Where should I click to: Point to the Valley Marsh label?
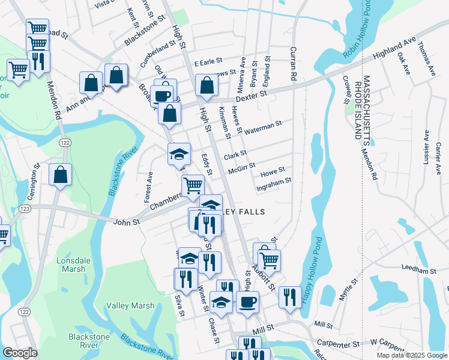pos(130,306)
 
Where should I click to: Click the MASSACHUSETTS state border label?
pos(366,107)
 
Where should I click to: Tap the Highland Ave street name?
pos(394,49)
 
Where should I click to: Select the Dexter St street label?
pos(250,95)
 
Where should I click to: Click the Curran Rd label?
pos(294,64)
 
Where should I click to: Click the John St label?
pos(127,221)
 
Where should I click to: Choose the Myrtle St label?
pos(348,289)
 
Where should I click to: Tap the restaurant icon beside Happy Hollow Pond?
pos(290,296)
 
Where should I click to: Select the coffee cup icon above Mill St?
pos(247,301)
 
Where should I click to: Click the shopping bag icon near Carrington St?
pos(60,175)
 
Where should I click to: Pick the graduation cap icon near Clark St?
pos(179,154)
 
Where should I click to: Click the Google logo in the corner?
pos(20,353)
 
